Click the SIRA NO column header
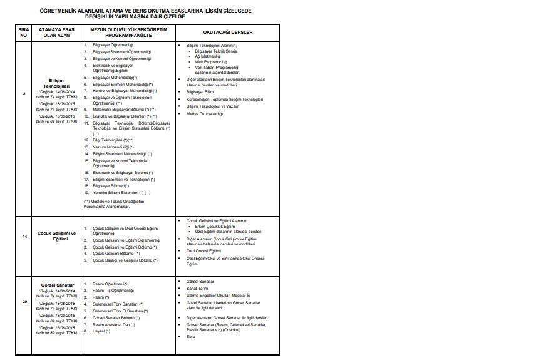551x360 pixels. pos(24,32)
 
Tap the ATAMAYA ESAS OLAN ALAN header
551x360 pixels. pos(55,32)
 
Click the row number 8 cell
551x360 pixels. pos(24,94)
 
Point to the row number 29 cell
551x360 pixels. pos(24,302)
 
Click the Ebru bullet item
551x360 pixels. pos(191,336)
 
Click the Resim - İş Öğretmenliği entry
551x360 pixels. pos(113,291)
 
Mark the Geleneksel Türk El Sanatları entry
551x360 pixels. pos(120,311)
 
